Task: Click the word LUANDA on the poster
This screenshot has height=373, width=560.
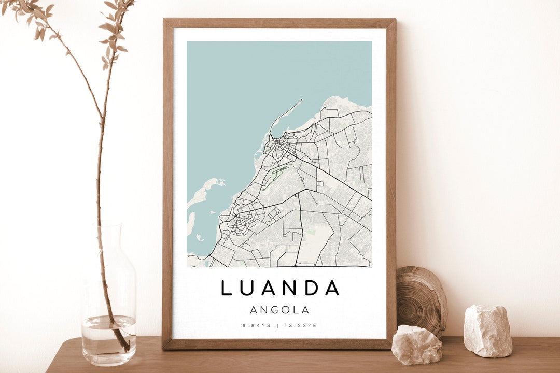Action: [280, 288]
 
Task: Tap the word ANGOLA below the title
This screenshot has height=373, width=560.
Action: [279, 310]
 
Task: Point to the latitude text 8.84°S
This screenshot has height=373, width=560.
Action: [256, 326]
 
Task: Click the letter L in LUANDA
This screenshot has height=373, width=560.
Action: [226, 288]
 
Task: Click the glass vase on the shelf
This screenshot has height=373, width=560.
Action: [108, 300]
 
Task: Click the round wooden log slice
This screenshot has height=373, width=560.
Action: [421, 300]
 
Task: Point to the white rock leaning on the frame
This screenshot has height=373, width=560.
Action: [416, 345]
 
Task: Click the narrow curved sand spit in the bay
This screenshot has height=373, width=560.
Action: [284, 114]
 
